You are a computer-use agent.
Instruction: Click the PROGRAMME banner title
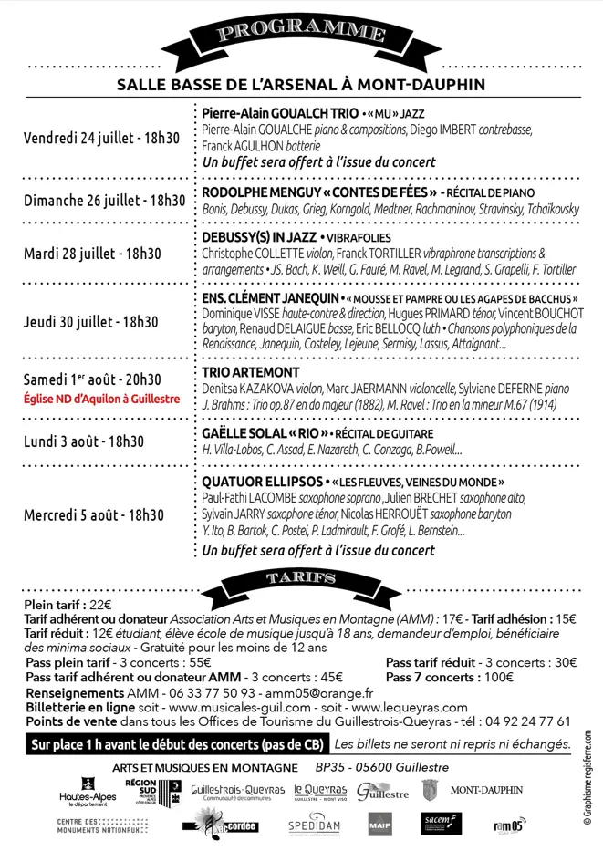coord(300,34)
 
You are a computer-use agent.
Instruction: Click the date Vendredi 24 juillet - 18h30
coord(102,139)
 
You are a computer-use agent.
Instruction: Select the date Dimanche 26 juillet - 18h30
coord(105,200)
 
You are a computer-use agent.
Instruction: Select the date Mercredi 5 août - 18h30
coord(101,514)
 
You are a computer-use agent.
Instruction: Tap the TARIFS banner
coord(300,577)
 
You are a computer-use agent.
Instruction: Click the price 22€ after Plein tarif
coord(100,605)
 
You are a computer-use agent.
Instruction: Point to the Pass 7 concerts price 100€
coord(498,678)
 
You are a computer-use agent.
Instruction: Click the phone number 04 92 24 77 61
coord(523,721)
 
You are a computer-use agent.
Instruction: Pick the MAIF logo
coord(379,826)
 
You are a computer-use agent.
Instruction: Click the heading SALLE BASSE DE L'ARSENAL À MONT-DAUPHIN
coord(301,86)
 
